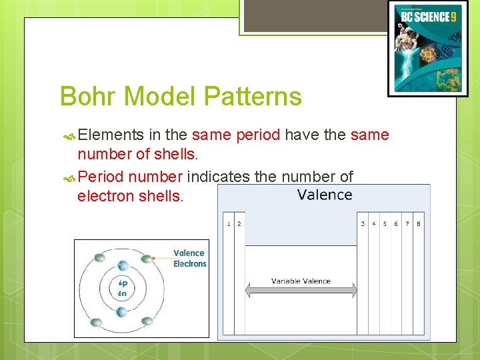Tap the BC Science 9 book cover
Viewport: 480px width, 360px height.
pyautogui.click(x=427, y=49)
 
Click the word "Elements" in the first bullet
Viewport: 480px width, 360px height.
pyautogui.click(x=110, y=135)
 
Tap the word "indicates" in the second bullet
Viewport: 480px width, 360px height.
pyautogui.click(x=218, y=177)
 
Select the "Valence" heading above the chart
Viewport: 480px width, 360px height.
pyautogui.click(x=325, y=195)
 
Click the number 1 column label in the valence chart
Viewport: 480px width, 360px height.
pyautogui.click(x=229, y=224)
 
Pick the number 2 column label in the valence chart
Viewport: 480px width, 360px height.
pyautogui.click(x=239, y=224)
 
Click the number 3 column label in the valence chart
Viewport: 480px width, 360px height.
pyautogui.click(x=363, y=224)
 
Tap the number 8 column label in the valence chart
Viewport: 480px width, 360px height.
pyautogui.click(x=419, y=224)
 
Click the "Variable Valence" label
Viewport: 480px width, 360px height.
pyautogui.click(x=301, y=281)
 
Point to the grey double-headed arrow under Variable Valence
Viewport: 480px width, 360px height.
pyautogui.click(x=301, y=291)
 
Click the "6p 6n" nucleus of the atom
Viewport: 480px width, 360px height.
pyautogui.click(x=122, y=288)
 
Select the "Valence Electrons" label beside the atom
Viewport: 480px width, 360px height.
pyautogui.click(x=190, y=258)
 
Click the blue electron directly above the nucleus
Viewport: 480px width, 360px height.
pyautogui.click(x=121, y=265)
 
